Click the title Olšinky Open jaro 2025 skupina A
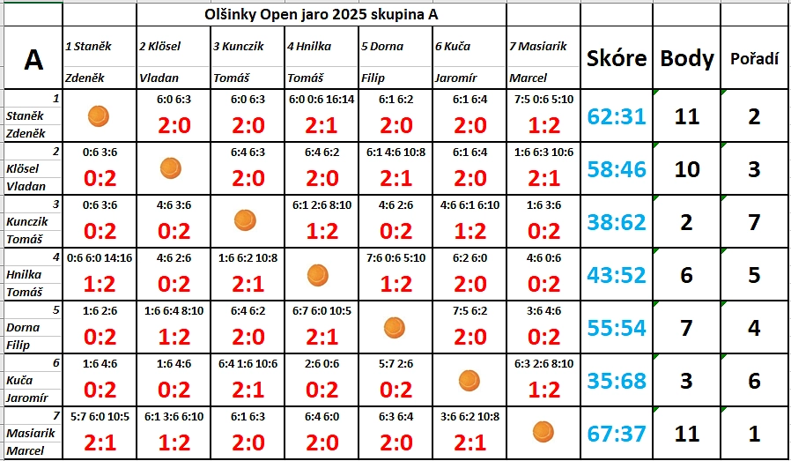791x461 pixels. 321,15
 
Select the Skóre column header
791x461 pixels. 615,59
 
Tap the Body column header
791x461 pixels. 686,59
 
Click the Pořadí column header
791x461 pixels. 754,59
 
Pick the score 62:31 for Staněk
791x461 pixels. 617,115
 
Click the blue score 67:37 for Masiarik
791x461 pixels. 617,434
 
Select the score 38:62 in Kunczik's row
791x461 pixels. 617,222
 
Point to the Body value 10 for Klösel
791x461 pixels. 686,168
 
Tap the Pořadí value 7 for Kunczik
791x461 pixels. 754,221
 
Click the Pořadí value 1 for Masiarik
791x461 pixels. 754,433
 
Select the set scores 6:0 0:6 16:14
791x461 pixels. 322,100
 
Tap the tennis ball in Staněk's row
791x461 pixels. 99,115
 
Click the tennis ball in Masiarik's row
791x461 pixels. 543,432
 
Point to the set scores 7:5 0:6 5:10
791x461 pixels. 543,100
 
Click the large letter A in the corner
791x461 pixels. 33,59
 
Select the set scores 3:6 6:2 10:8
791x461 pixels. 469,417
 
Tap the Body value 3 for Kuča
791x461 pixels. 686,381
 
